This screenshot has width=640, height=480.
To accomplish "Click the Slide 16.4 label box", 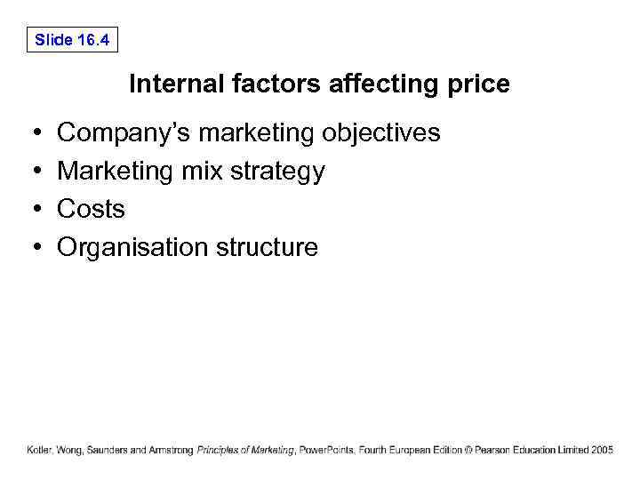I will (x=72, y=39).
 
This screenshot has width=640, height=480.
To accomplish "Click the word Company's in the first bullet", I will (x=124, y=133).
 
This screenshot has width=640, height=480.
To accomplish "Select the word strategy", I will (x=277, y=172).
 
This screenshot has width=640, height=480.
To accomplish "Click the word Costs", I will (x=91, y=209).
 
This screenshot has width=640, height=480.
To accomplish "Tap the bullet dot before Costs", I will (x=33, y=210).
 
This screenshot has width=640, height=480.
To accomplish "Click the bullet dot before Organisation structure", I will (x=33, y=248).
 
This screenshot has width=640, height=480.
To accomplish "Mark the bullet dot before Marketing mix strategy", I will (x=33, y=172).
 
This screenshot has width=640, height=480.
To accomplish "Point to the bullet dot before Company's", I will (x=33, y=133).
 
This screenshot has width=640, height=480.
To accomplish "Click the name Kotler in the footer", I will (x=39, y=451).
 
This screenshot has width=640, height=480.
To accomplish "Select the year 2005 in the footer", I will (x=602, y=451).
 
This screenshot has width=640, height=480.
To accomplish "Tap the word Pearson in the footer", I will (x=492, y=451).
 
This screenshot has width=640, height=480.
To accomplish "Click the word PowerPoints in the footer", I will (x=325, y=451).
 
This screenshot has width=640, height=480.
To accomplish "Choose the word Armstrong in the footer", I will (x=172, y=451).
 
